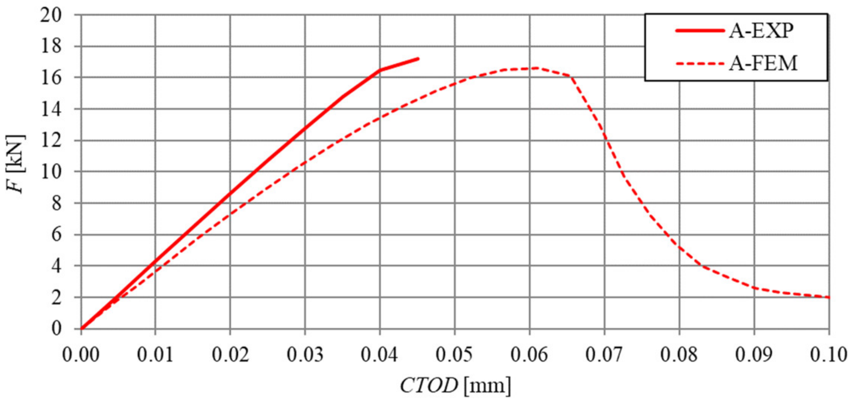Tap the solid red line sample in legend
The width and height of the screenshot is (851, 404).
pyautogui.click(x=700, y=30)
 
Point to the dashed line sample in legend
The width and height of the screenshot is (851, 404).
pyautogui.click(x=700, y=63)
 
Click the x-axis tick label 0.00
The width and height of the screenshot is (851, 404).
pyautogui.click(x=81, y=354)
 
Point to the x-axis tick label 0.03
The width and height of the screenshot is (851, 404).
pyautogui.click(x=305, y=354)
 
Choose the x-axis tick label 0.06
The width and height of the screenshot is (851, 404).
pyautogui.click(x=529, y=354)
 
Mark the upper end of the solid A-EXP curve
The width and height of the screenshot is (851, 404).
pyautogui.click(x=418, y=59)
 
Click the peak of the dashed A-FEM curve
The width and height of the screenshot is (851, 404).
pyautogui.click(x=535, y=68)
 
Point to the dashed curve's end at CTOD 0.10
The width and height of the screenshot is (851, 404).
pyautogui.click(x=829, y=298)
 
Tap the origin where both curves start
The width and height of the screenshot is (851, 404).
pyautogui.click(x=81, y=329)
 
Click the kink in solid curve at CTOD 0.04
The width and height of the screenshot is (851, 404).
pyautogui.click(x=380, y=70)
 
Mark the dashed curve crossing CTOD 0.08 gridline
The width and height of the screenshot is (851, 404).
pyautogui.click(x=679, y=247)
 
